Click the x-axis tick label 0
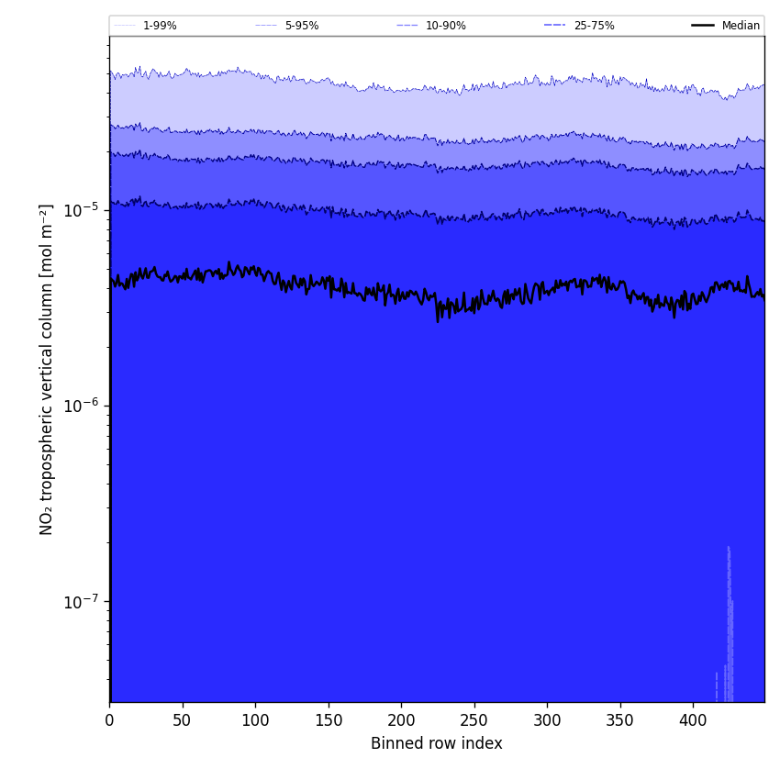tap(109, 720)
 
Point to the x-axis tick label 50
tap(182, 720)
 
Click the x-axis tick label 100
tap(255, 720)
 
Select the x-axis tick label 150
tap(328, 720)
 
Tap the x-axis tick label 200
tap(401, 720)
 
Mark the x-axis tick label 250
tap(474, 720)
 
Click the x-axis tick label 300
tap(547, 720)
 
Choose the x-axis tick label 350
tap(619, 720)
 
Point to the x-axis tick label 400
tap(693, 720)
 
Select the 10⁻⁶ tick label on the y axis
tap(81, 405)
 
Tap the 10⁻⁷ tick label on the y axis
tap(81, 601)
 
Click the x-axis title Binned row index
tap(437, 744)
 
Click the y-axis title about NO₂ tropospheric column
tap(47, 369)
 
